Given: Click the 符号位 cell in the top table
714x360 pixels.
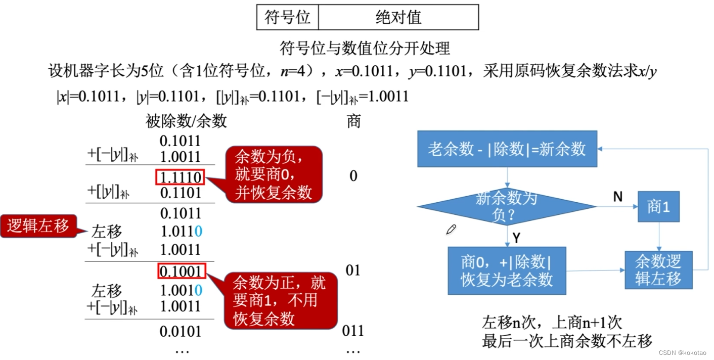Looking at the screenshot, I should (287, 17).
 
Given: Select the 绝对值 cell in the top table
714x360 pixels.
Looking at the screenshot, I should (398, 17).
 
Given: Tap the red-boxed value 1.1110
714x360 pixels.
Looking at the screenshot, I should (181, 177).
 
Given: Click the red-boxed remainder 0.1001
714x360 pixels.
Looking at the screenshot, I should (181, 272).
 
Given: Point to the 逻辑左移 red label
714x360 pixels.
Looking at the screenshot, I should (38, 226).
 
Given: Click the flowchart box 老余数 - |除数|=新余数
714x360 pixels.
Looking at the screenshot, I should (507, 149).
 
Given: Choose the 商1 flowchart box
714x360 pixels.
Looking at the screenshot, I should (658, 206).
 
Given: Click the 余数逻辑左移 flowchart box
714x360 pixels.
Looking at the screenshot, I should (658, 270).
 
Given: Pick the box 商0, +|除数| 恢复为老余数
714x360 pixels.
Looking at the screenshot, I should (507, 271).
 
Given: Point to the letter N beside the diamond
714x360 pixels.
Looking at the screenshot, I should (617, 197).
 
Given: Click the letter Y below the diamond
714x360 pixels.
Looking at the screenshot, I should (516, 238).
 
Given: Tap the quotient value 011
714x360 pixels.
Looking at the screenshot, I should (352, 331).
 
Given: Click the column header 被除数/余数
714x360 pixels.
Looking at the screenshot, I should (186, 121).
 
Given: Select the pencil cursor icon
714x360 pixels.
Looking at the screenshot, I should (451, 230).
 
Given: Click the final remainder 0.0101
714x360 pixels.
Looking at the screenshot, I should (180, 332).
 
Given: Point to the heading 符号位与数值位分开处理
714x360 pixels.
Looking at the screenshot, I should (365, 49).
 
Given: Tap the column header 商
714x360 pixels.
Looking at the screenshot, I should (353, 121).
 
